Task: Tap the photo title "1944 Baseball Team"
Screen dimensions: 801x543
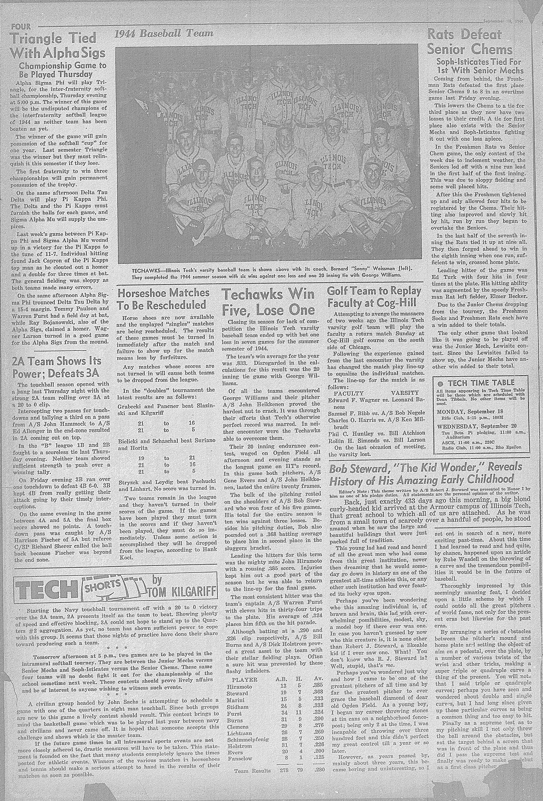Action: [163, 33]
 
